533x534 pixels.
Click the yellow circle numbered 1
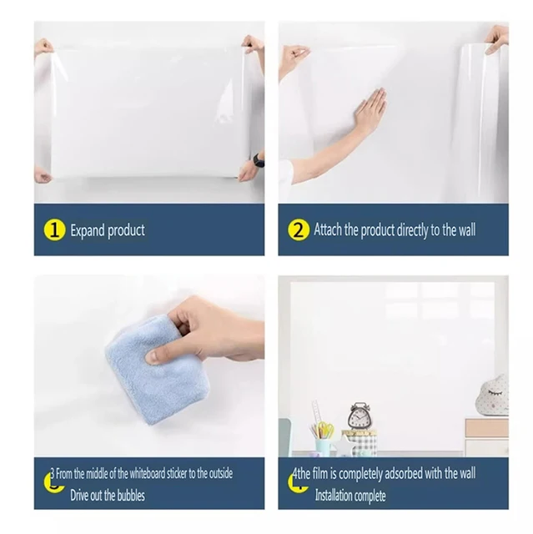[54, 230]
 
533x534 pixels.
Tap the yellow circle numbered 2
[299, 230]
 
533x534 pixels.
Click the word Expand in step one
[88, 230]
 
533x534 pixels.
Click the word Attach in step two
[328, 229]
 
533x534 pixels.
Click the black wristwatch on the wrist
[259, 159]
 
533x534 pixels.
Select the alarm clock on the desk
[359, 416]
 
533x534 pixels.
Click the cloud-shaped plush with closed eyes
[492, 395]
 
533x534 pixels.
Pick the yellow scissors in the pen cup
[325, 430]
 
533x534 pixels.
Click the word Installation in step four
[334, 496]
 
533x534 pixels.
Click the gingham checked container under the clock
[360, 442]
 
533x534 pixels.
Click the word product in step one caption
[126, 231]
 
